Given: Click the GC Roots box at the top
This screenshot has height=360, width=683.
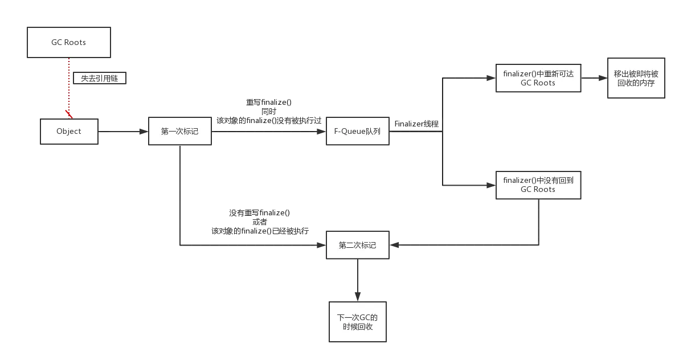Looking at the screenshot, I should click(x=68, y=42).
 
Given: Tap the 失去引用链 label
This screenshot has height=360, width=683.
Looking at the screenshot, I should click(x=100, y=79).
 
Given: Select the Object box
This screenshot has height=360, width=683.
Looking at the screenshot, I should click(x=69, y=131).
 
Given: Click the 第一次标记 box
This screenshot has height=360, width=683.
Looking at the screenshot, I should click(x=179, y=131).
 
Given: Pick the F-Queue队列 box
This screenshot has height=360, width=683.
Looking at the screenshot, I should click(x=358, y=131).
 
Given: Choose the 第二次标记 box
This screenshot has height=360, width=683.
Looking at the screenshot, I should click(x=357, y=245).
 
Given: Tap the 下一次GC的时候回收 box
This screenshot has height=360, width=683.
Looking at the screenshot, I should click(x=358, y=322).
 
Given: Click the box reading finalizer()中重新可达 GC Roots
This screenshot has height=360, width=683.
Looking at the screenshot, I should click(x=538, y=77).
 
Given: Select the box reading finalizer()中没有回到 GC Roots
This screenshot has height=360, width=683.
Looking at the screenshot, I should click(x=538, y=185).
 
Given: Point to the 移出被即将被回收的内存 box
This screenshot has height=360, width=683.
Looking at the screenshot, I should click(x=635, y=79).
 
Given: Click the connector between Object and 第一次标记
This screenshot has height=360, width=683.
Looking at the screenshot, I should click(x=122, y=131).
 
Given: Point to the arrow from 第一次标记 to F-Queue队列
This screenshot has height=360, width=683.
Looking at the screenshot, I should click(x=268, y=130).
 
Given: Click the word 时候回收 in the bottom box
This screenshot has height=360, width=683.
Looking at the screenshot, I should click(x=358, y=328).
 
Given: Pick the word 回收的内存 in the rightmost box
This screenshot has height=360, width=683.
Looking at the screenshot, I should click(x=635, y=83).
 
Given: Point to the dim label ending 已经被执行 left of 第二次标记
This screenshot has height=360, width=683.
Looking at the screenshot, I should click(x=260, y=231).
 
